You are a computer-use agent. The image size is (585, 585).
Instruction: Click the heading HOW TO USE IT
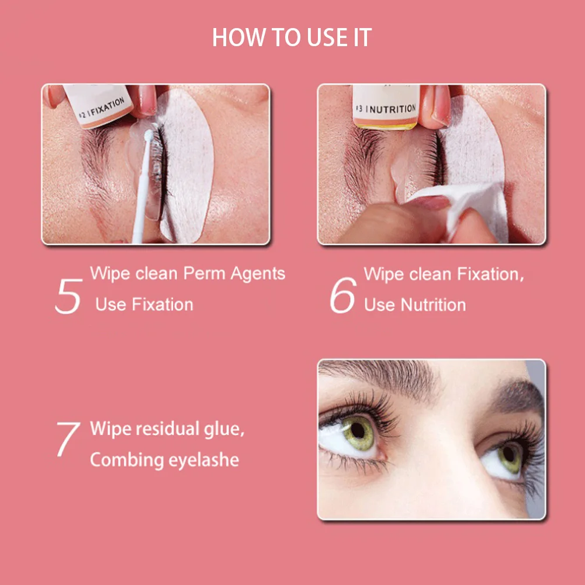tap(292, 37)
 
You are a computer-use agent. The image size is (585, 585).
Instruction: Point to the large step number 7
tap(68, 439)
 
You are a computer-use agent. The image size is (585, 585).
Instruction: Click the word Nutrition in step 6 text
tap(431, 304)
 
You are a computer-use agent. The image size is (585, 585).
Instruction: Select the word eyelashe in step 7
tap(203, 461)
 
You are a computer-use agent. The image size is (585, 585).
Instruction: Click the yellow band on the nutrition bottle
tap(386, 124)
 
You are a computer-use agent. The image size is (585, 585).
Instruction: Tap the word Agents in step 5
tap(258, 274)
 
